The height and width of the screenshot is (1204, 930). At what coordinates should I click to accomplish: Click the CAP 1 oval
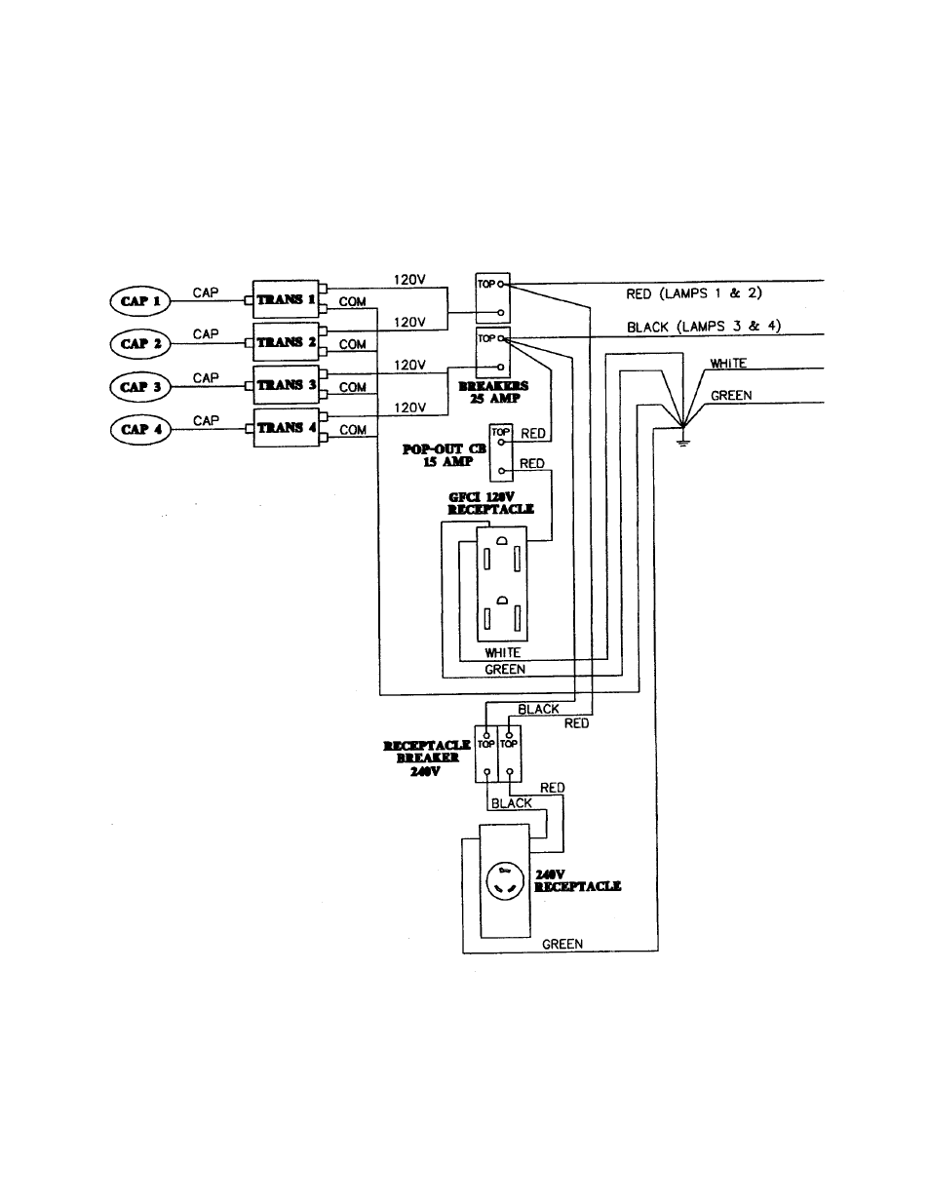139,301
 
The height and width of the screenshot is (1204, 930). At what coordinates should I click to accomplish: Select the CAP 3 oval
139,387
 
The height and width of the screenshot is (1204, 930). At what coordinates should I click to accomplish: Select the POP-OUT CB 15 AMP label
444,455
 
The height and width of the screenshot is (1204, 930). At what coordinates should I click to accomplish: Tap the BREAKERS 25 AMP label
492,393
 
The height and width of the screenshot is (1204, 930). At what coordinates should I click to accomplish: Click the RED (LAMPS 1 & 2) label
693,293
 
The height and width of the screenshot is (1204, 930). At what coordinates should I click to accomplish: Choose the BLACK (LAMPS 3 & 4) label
704,327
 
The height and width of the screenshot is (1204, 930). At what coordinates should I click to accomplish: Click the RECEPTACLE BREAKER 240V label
426,757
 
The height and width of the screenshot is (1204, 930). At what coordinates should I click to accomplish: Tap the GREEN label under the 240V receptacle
562,944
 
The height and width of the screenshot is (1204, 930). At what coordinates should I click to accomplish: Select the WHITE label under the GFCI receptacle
502,652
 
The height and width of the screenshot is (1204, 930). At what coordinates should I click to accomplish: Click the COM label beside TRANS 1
352,301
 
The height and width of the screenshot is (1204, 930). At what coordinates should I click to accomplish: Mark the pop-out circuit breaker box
500,452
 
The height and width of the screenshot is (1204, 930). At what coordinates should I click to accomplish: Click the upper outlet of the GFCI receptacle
501,557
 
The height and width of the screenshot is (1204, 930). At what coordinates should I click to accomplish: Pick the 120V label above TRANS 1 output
409,280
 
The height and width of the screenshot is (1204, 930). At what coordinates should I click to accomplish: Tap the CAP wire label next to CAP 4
206,420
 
